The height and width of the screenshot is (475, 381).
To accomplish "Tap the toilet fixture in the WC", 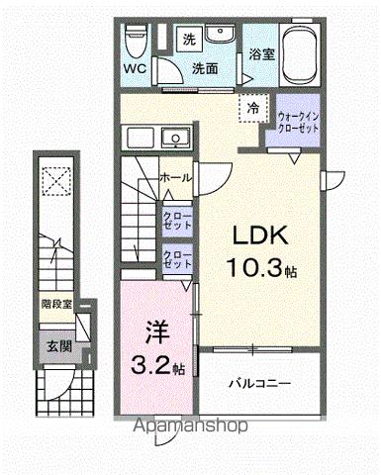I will (x=136, y=42).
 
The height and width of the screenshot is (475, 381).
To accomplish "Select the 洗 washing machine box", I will (x=190, y=40).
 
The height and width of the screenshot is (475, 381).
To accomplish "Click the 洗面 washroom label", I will (x=205, y=69).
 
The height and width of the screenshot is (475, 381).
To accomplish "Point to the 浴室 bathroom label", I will (x=261, y=54).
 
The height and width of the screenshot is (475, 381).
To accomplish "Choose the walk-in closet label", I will (x=298, y=123).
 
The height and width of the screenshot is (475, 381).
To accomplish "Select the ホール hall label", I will (x=175, y=177).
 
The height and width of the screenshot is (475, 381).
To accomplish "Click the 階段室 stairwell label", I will (x=56, y=306).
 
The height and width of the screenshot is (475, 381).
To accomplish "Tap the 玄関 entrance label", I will (x=57, y=345).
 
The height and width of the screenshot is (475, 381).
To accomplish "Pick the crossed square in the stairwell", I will (x=56, y=183).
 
